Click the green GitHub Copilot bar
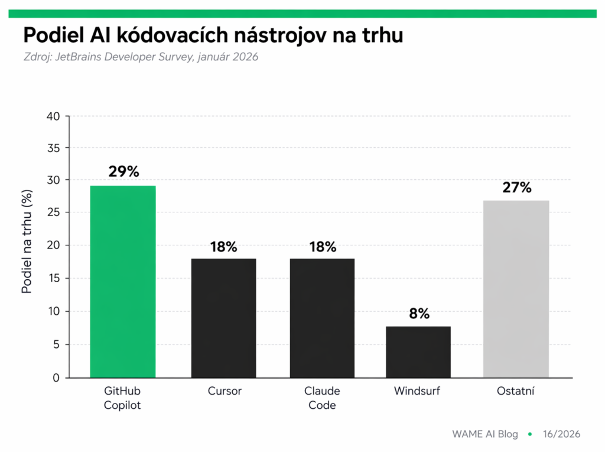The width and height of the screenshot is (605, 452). [123, 282]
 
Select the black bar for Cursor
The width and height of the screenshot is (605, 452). [224, 318]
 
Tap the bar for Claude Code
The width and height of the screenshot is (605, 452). [322, 318]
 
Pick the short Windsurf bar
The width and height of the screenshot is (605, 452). [418, 352]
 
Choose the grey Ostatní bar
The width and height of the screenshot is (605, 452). [516, 289]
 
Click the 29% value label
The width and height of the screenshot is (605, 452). [123, 172]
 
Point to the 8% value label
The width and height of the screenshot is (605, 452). [419, 314]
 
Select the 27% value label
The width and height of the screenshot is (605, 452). [517, 188]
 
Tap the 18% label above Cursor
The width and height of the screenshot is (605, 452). [223, 247]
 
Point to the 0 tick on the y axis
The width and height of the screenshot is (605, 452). [56, 377]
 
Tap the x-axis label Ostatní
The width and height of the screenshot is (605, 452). [516, 391]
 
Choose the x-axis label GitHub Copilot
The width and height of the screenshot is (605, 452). [122, 398]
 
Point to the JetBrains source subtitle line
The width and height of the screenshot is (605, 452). [141, 57]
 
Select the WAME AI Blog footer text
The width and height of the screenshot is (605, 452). [484, 434]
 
